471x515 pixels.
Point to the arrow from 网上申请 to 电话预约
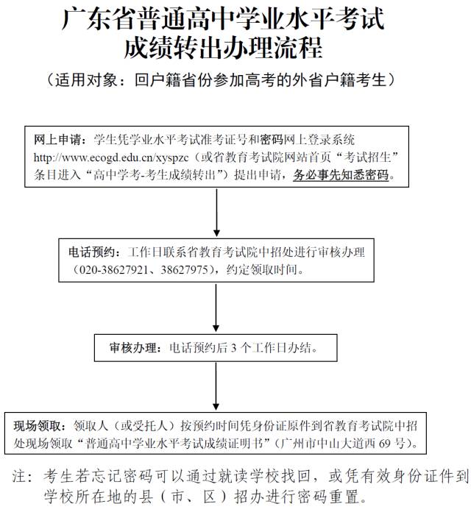216,213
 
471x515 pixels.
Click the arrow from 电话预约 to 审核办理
216,308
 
